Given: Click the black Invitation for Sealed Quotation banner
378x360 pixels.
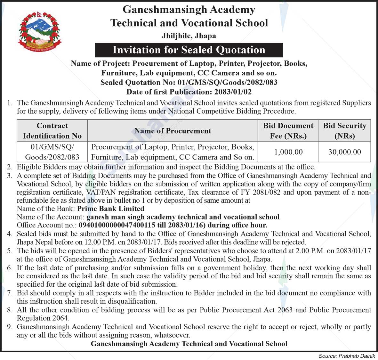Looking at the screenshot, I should pos(189,50).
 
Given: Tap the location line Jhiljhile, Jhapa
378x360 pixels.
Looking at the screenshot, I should pos(189,36).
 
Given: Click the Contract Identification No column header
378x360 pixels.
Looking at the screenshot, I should pos(52,131).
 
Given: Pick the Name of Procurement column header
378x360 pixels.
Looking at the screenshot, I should pos(173,131).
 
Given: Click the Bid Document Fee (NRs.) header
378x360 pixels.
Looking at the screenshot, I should pos(288,131).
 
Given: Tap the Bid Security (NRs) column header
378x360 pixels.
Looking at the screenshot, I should pos(344,131).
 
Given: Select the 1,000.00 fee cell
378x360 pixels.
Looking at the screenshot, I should pos(288,152).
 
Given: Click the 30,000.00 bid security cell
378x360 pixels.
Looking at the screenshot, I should pos(344,152).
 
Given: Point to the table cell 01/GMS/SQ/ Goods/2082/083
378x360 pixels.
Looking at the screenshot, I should pos(52,152).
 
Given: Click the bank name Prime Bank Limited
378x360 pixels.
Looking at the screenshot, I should pos(111,209).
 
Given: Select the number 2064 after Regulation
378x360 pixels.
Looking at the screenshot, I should pos(60,318).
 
